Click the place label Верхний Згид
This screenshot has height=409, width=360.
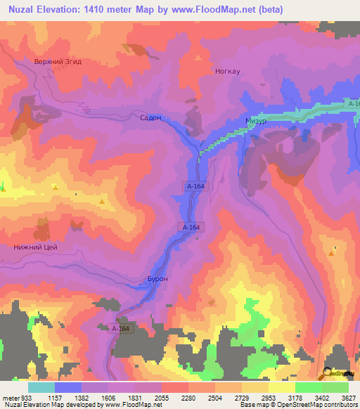click(58, 62)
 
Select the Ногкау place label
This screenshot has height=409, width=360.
click(227, 71)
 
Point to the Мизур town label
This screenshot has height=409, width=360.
click(257, 120)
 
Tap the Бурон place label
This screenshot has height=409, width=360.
click(156, 278)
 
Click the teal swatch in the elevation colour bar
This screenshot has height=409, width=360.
click(41, 387)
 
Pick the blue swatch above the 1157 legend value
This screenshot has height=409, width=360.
click(68, 387)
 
